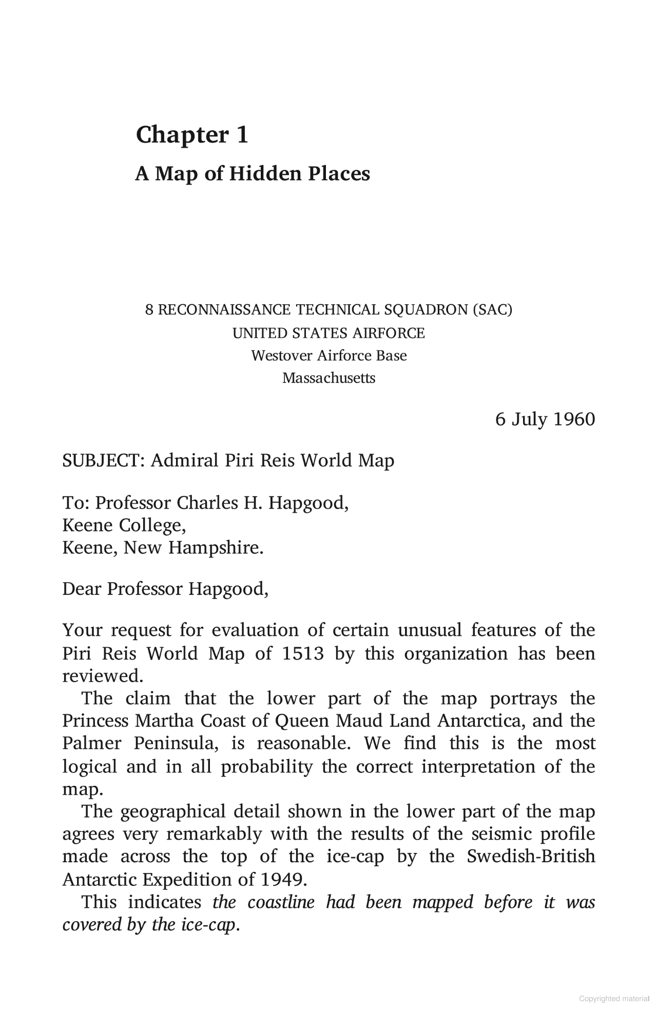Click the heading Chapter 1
(x=192, y=135)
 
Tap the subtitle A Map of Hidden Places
(x=252, y=174)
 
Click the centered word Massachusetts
(x=328, y=378)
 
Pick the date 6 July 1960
(x=545, y=419)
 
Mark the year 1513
(x=303, y=654)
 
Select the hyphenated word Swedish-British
(x=531, y=857)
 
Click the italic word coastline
(x=281, y=902)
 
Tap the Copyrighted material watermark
(x=614, y=999)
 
